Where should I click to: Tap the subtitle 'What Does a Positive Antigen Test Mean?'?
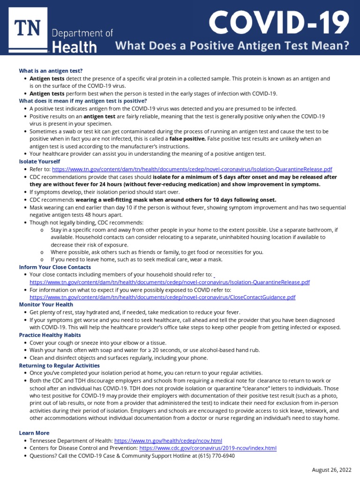[232, 46]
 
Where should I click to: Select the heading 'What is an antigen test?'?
[51, 71]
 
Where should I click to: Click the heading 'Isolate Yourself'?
[40, 161]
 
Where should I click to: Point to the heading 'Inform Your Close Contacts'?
[55, 267]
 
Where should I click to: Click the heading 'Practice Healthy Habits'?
[50, 335]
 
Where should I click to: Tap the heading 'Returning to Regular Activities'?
[59, 365]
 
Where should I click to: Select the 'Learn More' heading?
[34, 433]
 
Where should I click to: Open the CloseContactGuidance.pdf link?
[162, 297]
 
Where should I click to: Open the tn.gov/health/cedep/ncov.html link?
[168, 441]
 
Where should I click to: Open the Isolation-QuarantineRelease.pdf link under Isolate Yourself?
[192, 169]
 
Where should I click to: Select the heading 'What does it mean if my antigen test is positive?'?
[82, 101]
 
